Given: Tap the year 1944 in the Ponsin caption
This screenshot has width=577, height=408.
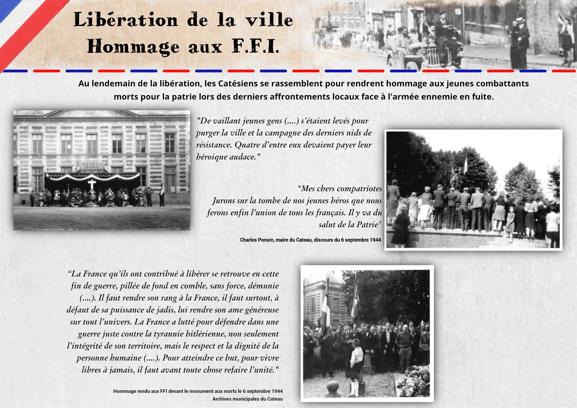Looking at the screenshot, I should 375,240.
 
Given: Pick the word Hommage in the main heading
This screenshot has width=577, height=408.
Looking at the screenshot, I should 133,47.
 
